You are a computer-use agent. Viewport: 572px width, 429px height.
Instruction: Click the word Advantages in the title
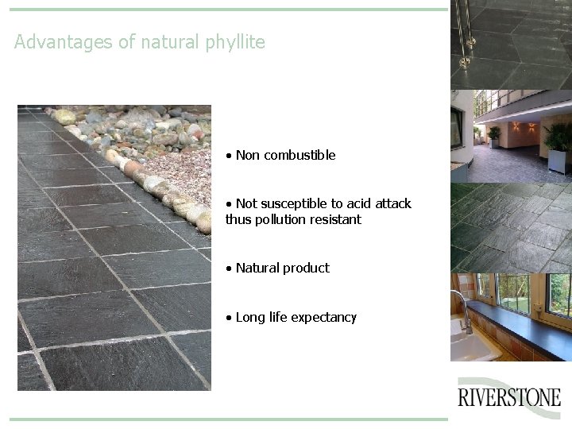point(64,42)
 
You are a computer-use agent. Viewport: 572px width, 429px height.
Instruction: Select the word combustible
point(300,156)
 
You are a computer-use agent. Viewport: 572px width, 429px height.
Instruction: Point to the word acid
point(355,204)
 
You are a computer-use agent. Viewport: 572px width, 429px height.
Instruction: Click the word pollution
point(279,219)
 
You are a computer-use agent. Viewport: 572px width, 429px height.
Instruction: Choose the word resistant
point(334,219)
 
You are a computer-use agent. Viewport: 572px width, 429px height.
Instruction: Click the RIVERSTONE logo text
point(509,397)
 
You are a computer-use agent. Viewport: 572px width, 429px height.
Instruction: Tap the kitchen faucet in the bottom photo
point(462,306)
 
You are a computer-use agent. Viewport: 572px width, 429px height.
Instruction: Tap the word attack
point(392,204)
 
